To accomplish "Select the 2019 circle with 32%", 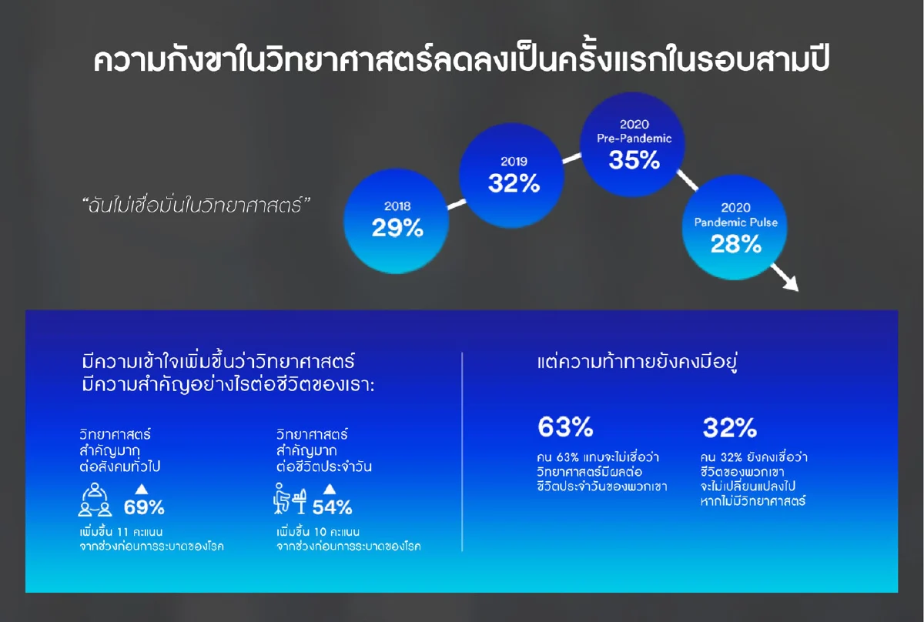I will click(x=513, y=175).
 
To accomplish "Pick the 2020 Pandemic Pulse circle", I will click(x=736, y=229).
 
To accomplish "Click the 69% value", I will click(x=144, y=507).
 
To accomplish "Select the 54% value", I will click(x=332, y=507).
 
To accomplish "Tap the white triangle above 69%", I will click(x=141, y=488).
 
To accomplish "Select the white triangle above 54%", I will click(x=330, y=488).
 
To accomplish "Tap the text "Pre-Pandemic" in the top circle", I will click(x=634, y=139).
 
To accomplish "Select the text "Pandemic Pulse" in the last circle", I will click(x=736, y=222).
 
